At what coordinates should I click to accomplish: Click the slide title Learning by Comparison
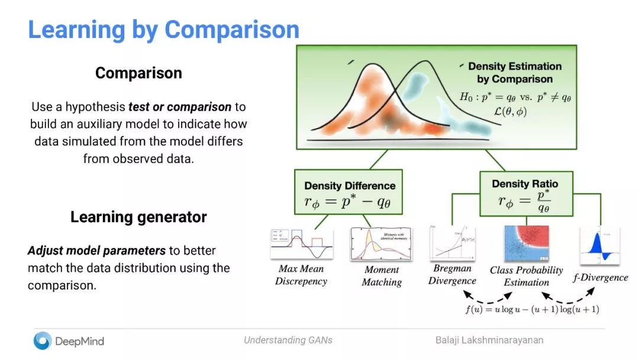pos(164,29)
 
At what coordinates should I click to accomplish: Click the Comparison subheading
pos(138,73)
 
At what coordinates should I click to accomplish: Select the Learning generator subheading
pos(138,217)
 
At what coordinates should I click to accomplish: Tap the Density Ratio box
pos(525,193)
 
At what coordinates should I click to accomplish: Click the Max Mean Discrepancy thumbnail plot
pos(301,244)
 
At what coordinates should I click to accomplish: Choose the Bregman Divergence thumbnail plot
pos(453,243)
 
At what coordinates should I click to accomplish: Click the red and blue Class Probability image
pos(526,243)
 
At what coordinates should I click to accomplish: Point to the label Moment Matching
pos(382,276)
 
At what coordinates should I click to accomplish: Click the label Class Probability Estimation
pos(527,276)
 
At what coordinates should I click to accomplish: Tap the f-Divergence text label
pos(601,277)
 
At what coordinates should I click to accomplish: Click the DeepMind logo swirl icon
pos(42,340)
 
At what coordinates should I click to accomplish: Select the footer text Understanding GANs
pos(288,340)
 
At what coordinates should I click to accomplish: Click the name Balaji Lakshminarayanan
pos(489,340)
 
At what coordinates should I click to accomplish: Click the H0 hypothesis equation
pos(514,97)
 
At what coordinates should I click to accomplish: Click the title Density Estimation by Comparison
pos(515,72)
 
